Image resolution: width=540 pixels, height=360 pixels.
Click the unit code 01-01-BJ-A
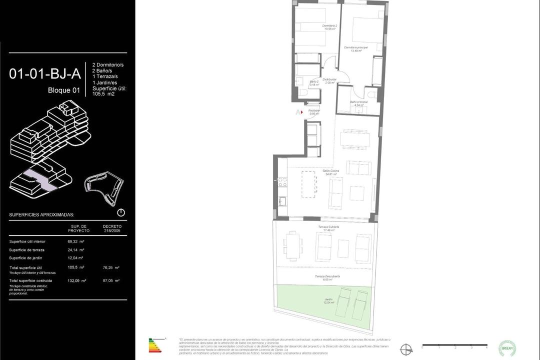coord(45,74)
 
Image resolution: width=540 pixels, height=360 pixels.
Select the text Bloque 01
coord(63,90)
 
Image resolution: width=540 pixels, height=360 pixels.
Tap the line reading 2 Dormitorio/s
coord(108,65)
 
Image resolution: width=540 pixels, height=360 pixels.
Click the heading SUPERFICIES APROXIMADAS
coord(41,215)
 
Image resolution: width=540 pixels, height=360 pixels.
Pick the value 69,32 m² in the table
coord(75,241)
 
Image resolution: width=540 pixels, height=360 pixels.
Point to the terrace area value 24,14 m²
coord(75,250)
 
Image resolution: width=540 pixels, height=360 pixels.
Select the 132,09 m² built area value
coord(76,280)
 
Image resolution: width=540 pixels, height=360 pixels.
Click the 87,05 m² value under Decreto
coord(110,280)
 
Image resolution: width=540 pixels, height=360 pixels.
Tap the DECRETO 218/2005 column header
coord(112,228)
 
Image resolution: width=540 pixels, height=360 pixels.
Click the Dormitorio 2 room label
coord(329,27)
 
